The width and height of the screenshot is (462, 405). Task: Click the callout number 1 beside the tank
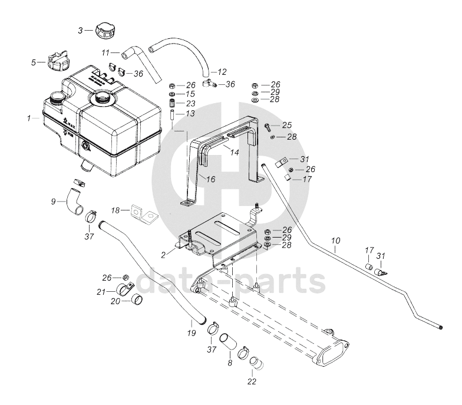28,118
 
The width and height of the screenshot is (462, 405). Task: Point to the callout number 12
222,72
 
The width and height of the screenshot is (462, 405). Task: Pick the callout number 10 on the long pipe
335,241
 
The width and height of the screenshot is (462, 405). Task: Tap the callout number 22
252,381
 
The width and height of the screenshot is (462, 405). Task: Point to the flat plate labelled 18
143,213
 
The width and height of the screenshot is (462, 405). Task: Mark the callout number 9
54,202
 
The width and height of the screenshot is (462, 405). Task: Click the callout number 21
101,292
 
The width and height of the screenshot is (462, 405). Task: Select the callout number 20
116,301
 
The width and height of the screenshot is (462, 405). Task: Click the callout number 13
190,114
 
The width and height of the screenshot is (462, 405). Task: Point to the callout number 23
190,104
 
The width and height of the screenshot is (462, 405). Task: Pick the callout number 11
107,52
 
